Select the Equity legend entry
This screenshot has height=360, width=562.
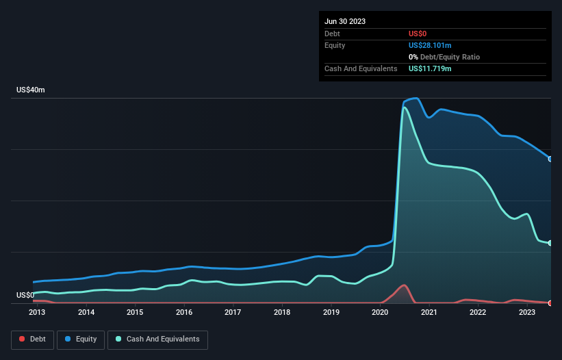pos(81,339)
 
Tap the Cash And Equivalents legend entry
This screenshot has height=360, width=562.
pos(157,339)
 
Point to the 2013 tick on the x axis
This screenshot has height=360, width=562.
pos(37,313)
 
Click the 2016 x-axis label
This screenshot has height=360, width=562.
pos(184,313)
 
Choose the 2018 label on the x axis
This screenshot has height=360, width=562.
pos(282,313)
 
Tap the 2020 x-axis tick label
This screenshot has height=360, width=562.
pos(380,313)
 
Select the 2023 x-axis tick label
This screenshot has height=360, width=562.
pos(527,313)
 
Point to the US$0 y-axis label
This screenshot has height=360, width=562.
pos(25,295)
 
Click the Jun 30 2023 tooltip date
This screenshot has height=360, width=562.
pos(345,21)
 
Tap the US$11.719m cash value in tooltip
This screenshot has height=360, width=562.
pos(430,68)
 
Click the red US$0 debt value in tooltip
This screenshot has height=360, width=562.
pos(418,34)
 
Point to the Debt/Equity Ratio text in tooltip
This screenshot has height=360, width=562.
pos(448,57)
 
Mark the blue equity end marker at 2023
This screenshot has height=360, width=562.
pos(550,159)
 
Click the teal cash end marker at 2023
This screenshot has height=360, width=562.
pos(550,243)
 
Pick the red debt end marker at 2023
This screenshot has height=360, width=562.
pos(550,303)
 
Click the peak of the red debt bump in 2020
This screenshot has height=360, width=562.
pos(405,285)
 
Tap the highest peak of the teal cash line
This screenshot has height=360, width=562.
pos(405,107)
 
